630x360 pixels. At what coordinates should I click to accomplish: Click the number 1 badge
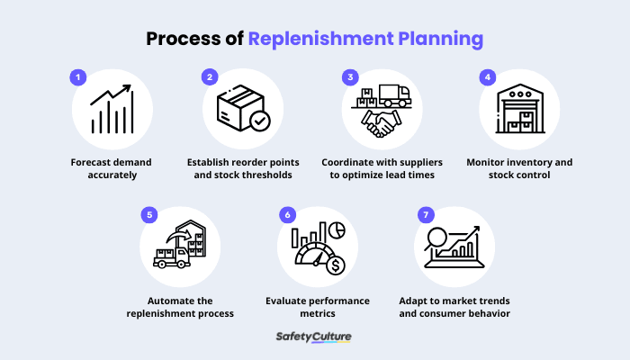pos(78,77)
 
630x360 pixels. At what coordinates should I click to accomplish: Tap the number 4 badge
pos(488,77)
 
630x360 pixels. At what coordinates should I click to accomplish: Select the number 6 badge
pos(287,215)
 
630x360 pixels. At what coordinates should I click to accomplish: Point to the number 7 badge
pos(426,215)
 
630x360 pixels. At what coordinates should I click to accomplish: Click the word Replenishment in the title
pos(320,39)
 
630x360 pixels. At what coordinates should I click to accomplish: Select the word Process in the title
pos(184,39)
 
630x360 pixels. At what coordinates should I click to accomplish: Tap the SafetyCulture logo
pos(313,337)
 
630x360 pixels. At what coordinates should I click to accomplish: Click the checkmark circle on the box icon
pos(260,121)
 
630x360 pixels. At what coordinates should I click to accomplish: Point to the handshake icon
pos(381,123)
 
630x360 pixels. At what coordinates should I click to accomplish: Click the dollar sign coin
pos(336,265)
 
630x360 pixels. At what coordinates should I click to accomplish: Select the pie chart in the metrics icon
pos(337,230)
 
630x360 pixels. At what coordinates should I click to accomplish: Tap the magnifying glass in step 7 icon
pos(436,238)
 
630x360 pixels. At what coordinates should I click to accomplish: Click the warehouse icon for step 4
pos(520,109)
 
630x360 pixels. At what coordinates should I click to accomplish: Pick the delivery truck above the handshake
pos(394,95)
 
